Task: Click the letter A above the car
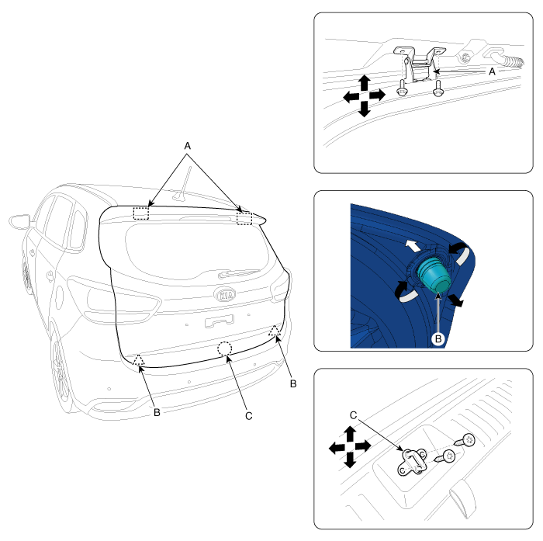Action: pos(188,146)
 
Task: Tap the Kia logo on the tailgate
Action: pos(225,295)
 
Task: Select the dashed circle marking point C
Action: pos(225,349)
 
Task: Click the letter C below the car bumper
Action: pos(249,415)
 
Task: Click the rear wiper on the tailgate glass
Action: pos(238,273)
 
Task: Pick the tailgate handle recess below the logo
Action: pos(220,321)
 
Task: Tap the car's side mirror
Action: pos(19,222)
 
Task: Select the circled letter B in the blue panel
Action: pos(438,338)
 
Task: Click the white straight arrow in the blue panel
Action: pos(413,246)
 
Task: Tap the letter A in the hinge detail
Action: pos(492,71)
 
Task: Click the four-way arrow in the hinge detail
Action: pos(364,96)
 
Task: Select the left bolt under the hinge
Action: pos(402,88)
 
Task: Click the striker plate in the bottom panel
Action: pos(411,462)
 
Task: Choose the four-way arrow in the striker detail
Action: pos(350,447)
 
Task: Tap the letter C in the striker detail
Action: pos(353,415)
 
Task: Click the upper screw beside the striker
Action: pos(465,441)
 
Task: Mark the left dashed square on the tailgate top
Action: pos(141,213)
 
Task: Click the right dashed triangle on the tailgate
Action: pos(275,331)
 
